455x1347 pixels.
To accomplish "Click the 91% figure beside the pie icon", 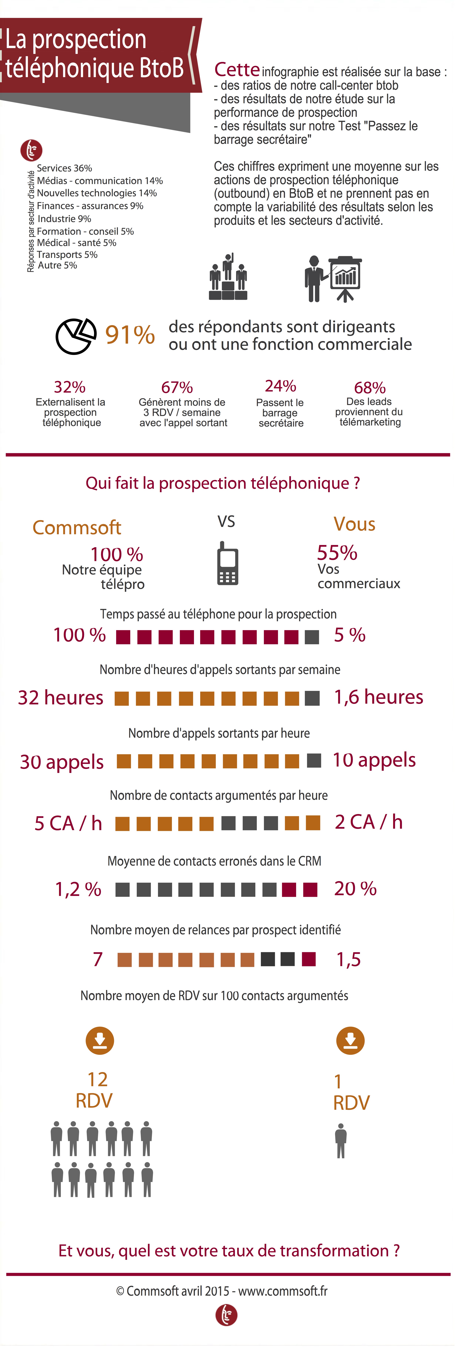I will (x=130, y=335).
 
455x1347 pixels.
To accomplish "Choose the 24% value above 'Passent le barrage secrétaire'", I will (x=281, y=386).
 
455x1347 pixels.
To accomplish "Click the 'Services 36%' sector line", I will (x=64, y=168).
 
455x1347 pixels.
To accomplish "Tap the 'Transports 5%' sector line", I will (x=67, y=255).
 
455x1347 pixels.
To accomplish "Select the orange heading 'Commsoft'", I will (x=77, y=527).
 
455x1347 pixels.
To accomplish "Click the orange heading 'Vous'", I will (x=354, y=524).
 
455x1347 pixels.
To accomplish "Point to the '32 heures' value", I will (x=61, y=698).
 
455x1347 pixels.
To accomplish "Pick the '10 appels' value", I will (x=374, y=760).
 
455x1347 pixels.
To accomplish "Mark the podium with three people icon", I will (x=228, y=277).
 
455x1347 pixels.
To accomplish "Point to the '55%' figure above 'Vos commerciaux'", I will (x=337, y=552).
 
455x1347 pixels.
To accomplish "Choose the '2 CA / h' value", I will (x=368, y=822).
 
